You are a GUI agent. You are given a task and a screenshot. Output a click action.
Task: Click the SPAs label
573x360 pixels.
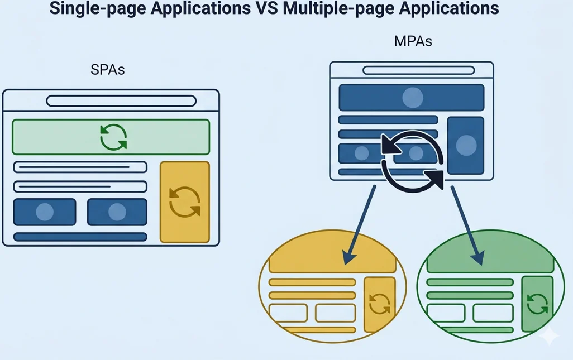pos(107,71)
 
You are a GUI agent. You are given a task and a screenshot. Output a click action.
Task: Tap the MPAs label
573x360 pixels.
pos(413,41)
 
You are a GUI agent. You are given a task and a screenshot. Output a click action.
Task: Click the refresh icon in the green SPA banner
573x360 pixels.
pos(113,137)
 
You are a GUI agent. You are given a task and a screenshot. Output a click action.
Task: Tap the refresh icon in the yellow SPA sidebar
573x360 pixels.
pos(184,201)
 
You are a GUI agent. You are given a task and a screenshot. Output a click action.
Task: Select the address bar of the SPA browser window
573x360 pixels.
pos(121,101)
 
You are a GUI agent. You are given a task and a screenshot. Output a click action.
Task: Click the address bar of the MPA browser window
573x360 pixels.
pos(412,70)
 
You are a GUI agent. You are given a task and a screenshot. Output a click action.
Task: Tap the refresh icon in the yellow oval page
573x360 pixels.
pos(380,304)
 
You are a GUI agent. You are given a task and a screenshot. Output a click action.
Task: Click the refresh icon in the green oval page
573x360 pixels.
pos(537,304)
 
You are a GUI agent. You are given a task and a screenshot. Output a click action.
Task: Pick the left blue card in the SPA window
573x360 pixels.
pos(45,212)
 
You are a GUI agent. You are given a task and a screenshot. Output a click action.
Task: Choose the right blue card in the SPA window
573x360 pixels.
pos(117,212)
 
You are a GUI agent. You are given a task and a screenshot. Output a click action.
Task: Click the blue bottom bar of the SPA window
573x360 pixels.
pos(80,237)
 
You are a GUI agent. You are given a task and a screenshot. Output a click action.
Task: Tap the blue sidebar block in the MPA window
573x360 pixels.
pos(465,146)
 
